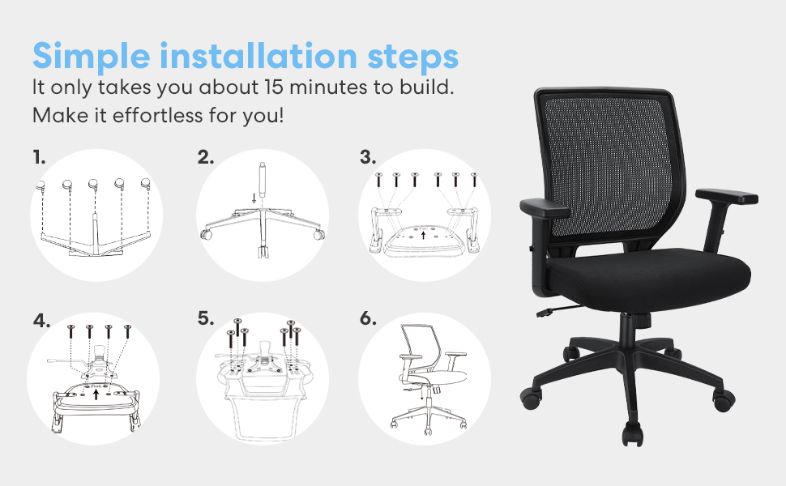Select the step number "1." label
pyautogui.click(x=39, y=157)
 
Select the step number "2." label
pyautogui.click(x=206, y=157)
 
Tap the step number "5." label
pyautogui.click(x=206, y=318)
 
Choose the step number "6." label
pyautogui.click(x=369, y=318)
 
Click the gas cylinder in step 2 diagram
pyautogui.click(x=262, y=175)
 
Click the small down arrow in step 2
pyautogui.click(x=254, y=198)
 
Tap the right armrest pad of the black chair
pyautogui.click(x=726, y=195)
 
